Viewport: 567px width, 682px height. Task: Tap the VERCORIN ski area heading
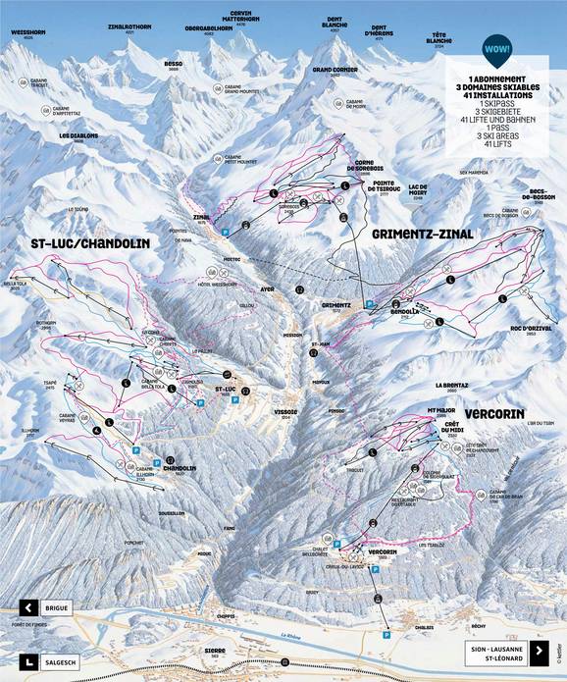click(496, 415)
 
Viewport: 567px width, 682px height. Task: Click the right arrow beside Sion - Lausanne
click(538, 650)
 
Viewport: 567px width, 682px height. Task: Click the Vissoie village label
click(259, 414)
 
